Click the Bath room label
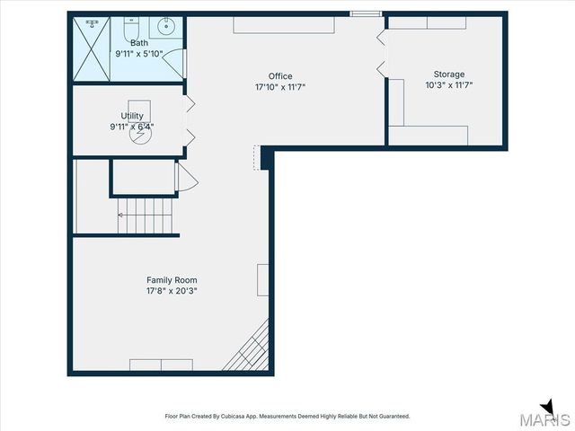click(x=138, y=42)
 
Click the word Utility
click(x=132, y=116)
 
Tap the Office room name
click(x=280, y=76)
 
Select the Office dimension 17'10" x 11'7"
click(x=280, y=87)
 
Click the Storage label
click(x=449, y=74)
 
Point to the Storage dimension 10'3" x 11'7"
click(x=449, y=85)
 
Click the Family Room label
click(x=172, y=280)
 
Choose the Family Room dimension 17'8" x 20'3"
click(x=172, y=291)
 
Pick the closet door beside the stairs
click(x=187, y=178)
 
